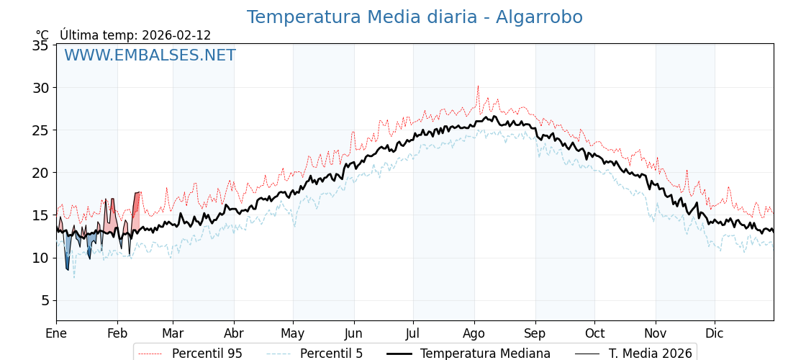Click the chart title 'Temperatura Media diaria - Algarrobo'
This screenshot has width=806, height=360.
(415, 17)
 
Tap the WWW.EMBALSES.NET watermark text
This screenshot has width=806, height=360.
(150, 55)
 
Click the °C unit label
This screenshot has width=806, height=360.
(42, 35)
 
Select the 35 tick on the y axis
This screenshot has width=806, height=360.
(41, 45)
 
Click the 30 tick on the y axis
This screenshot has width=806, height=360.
(41, 88)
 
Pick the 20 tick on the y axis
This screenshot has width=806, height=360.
(41, 173)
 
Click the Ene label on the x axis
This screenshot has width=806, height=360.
(56, 333)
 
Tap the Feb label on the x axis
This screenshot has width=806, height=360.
(117, 333)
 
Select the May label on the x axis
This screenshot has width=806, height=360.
(293, 333)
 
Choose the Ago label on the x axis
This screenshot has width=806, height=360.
(474, 333)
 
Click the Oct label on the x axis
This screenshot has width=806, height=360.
(594, 333)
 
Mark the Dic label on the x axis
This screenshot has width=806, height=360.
(715, 333)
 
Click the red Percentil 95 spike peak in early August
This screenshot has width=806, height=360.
(477, 86)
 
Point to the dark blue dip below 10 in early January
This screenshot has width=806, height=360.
(68, 268)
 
